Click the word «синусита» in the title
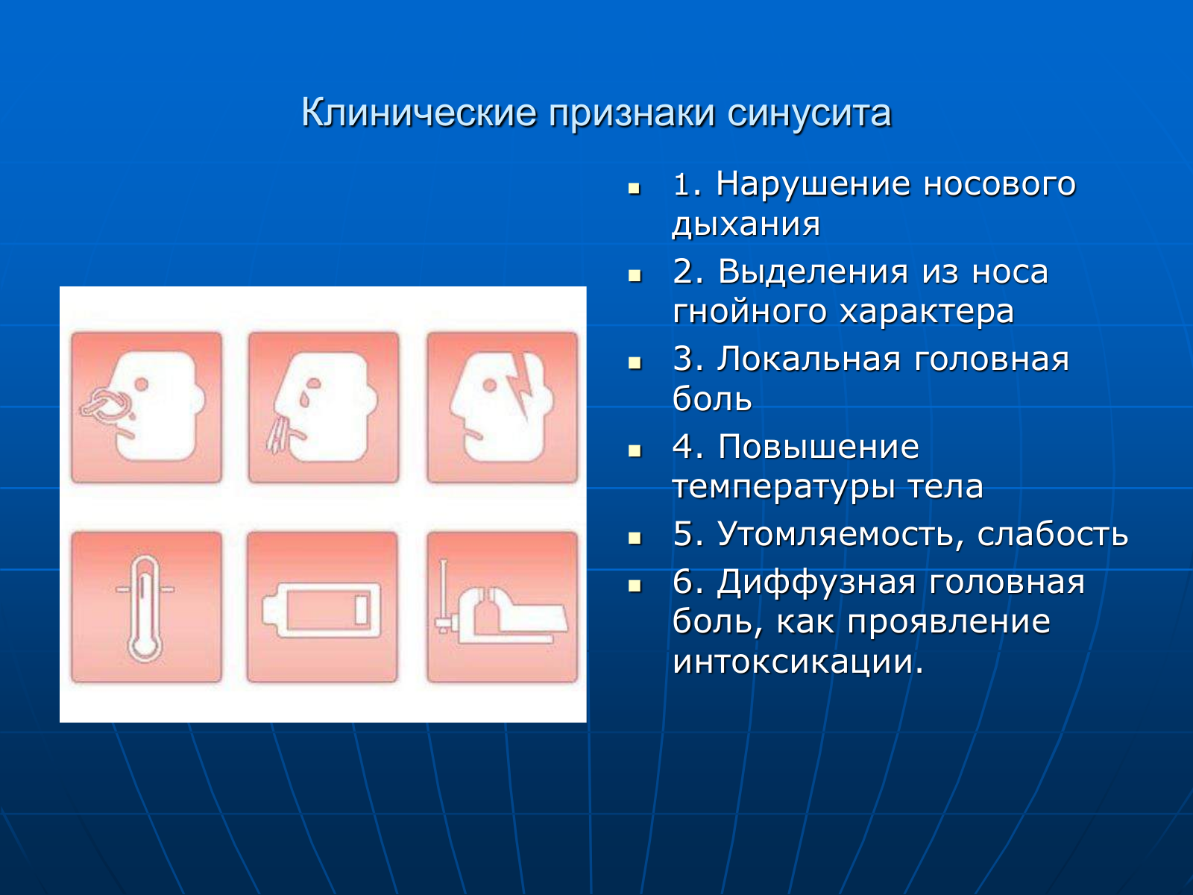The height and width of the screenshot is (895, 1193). click(809, 113)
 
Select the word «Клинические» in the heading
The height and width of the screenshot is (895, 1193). click(419, 113)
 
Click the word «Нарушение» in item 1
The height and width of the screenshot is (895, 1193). click(813, 183)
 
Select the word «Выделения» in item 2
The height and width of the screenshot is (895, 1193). click(813, 271)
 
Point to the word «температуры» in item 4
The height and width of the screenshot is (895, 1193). click(783, 486)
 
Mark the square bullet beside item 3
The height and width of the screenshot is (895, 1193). click(635, 362)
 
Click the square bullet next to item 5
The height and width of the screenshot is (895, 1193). click(635, 538)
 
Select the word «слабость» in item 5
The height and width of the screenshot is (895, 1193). click(1052, 533)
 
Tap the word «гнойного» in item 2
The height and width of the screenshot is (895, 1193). click(749, 311)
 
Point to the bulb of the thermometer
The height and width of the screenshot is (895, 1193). click(145, 647)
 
